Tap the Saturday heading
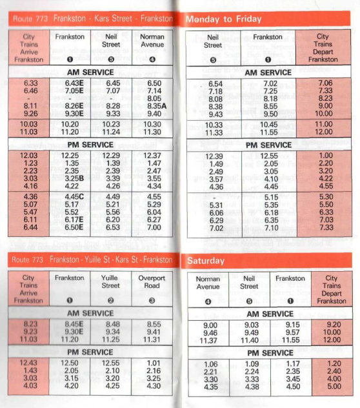[x=206, y=261]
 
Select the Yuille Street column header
[x=111, y=281]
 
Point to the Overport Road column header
[x=152, y=281]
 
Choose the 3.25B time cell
[x=71, y=178]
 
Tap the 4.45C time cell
[x=71, y=197]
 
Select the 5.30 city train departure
[x=325, y=197]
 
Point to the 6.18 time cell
[x=270, y=212]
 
